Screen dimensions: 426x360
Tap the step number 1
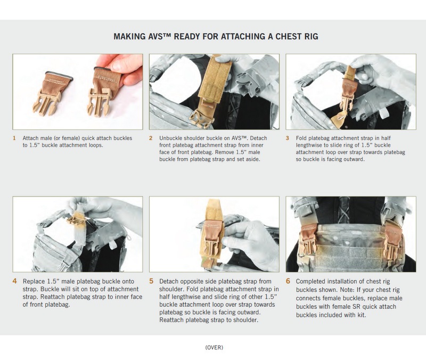(14, 138)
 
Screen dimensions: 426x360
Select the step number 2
(151, 138)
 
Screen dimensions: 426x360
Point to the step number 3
(287, 138)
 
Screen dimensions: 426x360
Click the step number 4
(15, 281)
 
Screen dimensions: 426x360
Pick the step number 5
(151, 281)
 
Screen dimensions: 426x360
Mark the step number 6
(288, 281)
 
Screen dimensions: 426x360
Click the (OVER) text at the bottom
(214, 347)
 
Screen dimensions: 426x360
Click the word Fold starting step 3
(301, 138)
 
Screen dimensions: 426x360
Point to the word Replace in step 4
(34, 281)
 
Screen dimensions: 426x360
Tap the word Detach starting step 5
(169, 281)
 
